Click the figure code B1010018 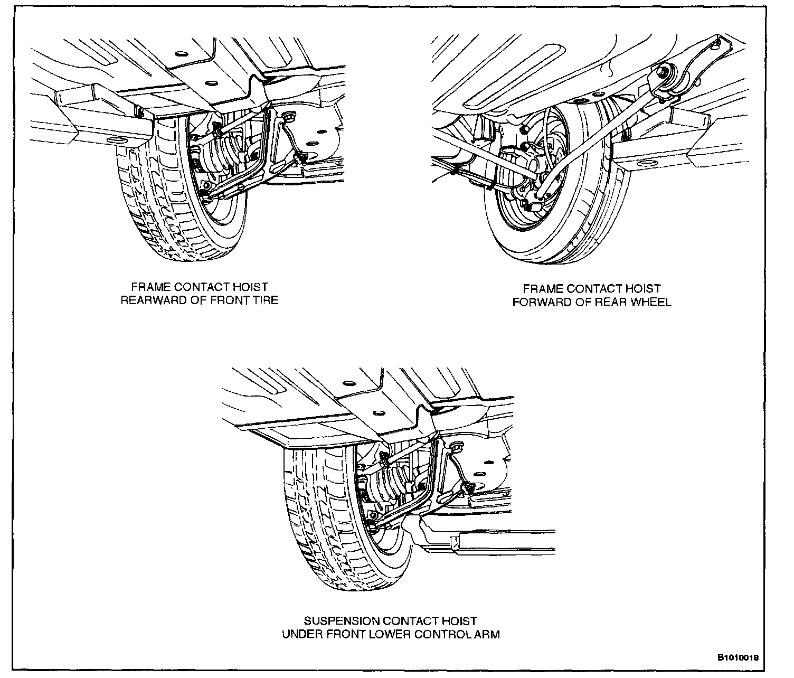pyautogui.click(x=738, y=658)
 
